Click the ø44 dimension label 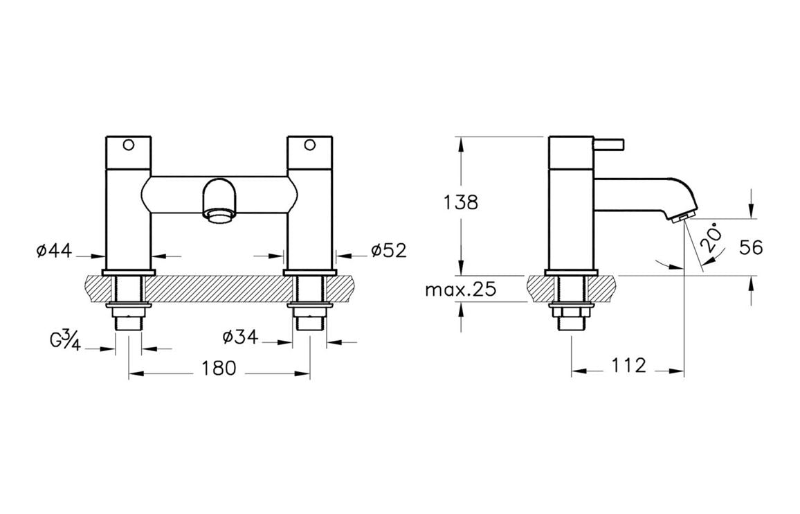(x=54, y=250)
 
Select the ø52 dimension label (x=388, y=250)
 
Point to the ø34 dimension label (x=240, y=337)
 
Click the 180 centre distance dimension (x=219, y=367)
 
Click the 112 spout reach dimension (x=628, y=365)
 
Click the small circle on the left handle (x=127, y=145)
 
